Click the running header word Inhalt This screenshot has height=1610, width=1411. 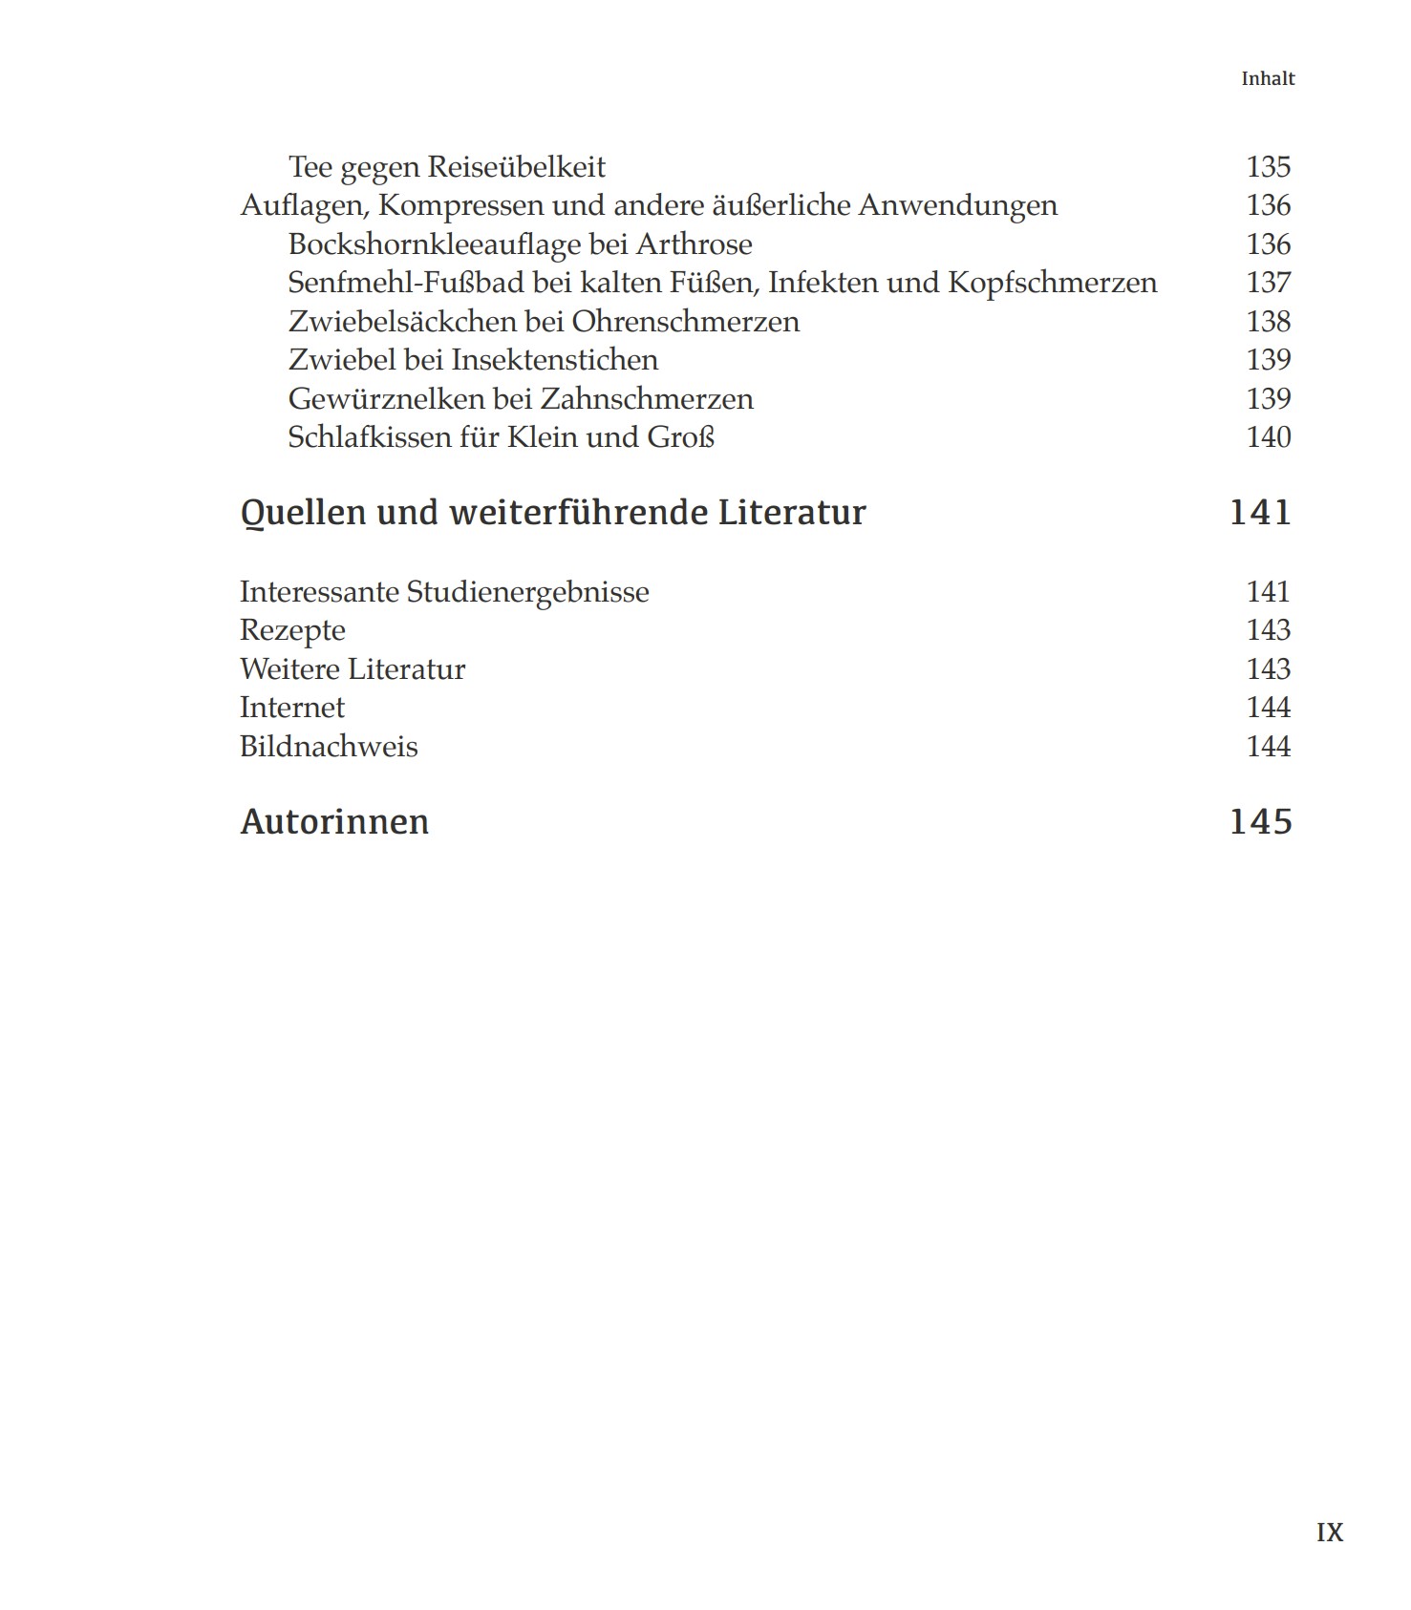(x=1267, y=79)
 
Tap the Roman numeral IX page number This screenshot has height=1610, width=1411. (x=1329, y=1533)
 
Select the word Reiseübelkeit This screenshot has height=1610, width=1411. (x=516, y=167)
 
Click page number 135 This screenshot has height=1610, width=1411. (x=1268, y=167)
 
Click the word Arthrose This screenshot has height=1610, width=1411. (x=694, y=244)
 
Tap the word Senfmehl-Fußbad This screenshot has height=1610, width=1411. (x=406, y=283)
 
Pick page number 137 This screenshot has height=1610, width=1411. (x=1268, y=283)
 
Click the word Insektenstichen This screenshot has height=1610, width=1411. (x=554, y=360)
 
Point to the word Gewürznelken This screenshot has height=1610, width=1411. (x=386, y=399)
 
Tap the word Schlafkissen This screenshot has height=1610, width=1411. (x=369, y=437)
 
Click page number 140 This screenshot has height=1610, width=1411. (x=1268, y=437)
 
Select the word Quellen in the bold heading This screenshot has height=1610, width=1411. (x=303, y=513)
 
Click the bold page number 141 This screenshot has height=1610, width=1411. (x=1260, y=513)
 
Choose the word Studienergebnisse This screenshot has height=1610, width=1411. (x=527, y=592)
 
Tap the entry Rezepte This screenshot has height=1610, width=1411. (x=292, y=630)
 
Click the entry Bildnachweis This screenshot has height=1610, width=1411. (x=329, y=747)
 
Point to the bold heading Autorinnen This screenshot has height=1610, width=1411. (x=334, y=822)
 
